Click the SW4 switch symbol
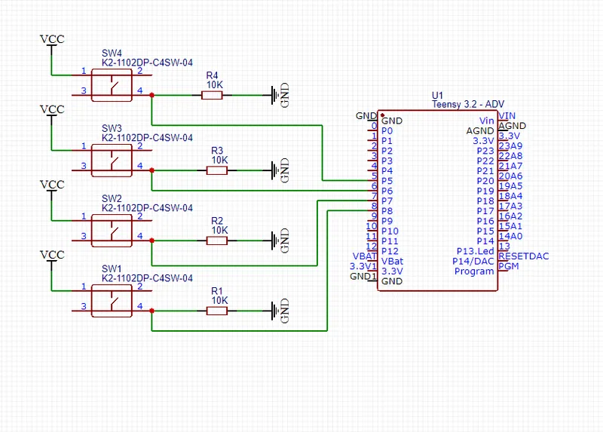coord(112,83)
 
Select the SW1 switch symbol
coord(112,299)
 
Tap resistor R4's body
coord(215,95)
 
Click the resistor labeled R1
coord(219,311)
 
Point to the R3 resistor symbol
coord(219,170)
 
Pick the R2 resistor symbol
coord(219,241)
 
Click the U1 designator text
coord(437,95)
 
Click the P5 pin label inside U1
coord(387,181)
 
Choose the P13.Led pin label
coord(475,251)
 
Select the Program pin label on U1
coord(474,271)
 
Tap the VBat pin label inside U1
coord(392,261)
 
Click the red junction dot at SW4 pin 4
coord(152,95)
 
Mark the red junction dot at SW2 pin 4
coord(152,241)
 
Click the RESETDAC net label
coord(524,256)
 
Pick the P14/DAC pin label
coord(474,261)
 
